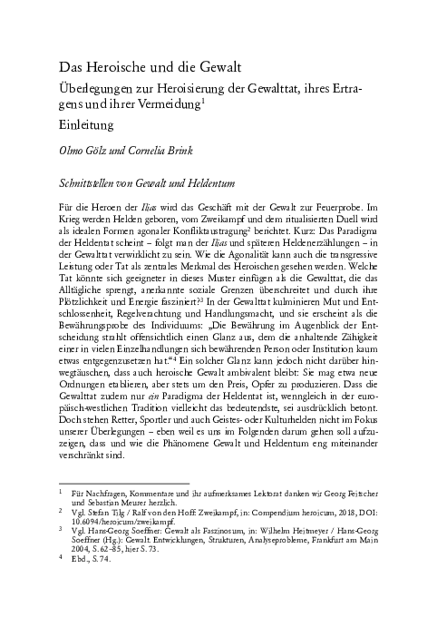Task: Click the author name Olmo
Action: point(73,151)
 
